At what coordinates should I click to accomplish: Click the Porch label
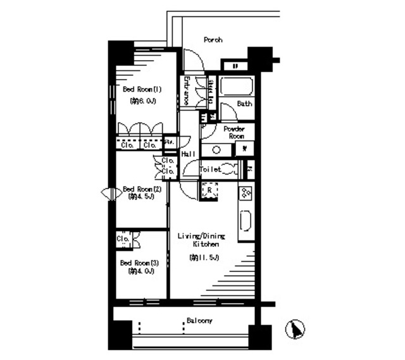[x=213, y=40]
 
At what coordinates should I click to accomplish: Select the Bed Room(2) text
[x=142, y=189]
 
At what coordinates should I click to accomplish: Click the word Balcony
[x=199, y=321]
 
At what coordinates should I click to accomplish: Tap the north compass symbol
[x=294, y=330]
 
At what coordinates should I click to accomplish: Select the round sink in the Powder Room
[x=217, y=150]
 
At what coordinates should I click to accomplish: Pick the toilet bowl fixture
[x=231, y=169]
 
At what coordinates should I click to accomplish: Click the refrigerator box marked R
[x=209, y=190]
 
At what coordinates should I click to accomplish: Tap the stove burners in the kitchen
[x=246, y=192]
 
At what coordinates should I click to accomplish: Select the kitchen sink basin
[x=246, y=221]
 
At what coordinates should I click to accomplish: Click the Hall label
[x=187, y=154]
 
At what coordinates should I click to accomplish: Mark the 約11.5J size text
[x=203, y=258]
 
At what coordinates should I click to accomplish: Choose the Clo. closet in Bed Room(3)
[x=123, y=240]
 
